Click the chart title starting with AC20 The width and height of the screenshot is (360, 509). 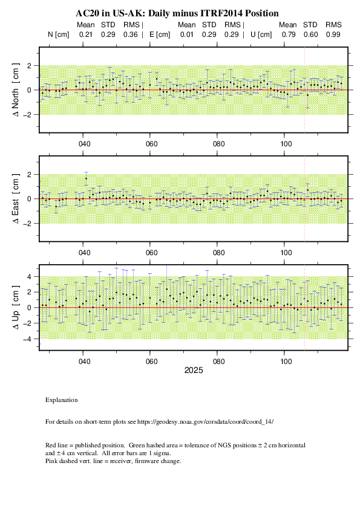177,13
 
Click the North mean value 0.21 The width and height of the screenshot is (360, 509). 86,34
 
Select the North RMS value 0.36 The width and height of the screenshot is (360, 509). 130,34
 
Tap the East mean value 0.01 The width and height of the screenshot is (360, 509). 187,34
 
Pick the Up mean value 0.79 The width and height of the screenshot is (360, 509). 289,34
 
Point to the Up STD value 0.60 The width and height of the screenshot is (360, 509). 310,34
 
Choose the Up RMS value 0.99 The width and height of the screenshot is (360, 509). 333,34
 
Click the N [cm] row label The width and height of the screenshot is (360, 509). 59,34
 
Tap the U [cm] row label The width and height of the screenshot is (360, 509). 261,34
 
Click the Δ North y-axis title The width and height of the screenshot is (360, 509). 16,90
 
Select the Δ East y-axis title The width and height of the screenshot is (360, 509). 16,199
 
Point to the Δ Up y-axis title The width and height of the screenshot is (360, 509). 16,308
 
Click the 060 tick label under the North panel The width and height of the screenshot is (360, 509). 151,144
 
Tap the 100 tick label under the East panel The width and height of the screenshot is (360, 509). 286,253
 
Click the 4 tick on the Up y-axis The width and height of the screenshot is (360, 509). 29,277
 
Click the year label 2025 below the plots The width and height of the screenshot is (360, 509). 194,371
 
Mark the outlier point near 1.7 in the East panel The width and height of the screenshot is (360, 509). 86,178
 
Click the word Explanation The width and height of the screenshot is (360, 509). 61,400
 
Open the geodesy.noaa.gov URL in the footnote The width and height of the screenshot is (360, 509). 205,422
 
